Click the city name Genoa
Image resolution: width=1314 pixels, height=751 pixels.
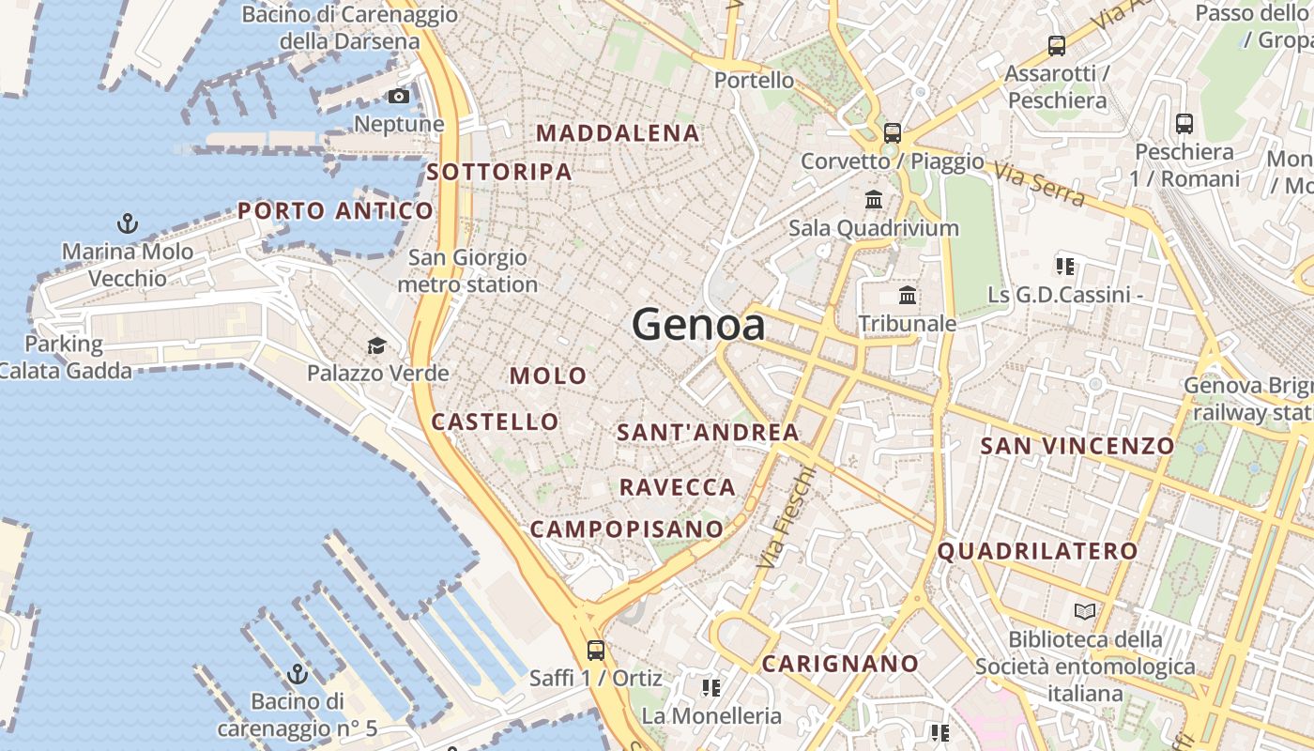[x=698, y=325]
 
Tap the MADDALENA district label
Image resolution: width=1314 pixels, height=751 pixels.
[x=618, y=133]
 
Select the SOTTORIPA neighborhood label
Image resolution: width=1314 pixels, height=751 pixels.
[x=498, y=172]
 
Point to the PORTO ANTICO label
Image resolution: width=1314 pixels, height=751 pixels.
[x=335, y=210]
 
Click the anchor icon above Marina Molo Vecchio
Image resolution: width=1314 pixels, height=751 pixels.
[x=127, y=223]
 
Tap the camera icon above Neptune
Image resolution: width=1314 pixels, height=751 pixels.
[x=399, y=96]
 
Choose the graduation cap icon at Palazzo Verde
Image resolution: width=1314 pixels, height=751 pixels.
[x=376, y=345]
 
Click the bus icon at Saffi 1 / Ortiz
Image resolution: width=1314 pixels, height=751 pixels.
[x=595, y=650]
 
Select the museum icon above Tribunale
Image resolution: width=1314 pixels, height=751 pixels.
[x=908, y=296]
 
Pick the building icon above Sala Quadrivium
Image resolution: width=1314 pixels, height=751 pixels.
[x=874, y=199]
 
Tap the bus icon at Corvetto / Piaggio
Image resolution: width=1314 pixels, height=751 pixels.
[x=892, y=132]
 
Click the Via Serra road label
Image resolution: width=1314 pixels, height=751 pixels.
[x=1039, y=185]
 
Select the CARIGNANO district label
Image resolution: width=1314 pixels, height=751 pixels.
[x=840, y=664]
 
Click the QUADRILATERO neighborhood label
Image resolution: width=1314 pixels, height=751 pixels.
[x=1037, y=551]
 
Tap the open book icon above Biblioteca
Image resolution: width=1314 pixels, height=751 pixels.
[x=1085, y=611]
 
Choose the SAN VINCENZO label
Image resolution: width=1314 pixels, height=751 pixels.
[x=1077, y=446]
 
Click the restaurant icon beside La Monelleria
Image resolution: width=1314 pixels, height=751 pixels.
[x=711, y=688]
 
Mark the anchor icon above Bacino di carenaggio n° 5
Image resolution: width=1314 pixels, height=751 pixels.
[x=298, y=673]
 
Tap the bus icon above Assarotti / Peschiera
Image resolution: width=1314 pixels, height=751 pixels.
[x=1057, y=45]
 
